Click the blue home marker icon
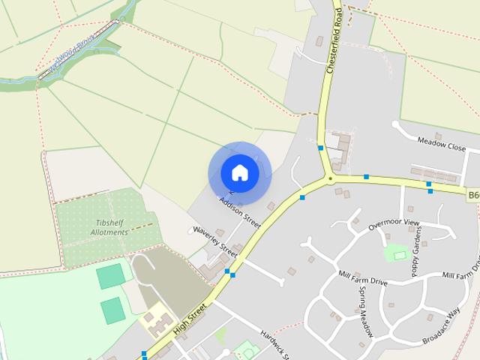click(239, 172)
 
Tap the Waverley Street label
click(215, 241)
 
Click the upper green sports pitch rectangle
click(110, 276)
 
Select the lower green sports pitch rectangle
click(112, 310)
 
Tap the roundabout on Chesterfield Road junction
click(329, 178)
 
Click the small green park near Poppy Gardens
click(395, 253)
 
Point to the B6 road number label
click(473, 196)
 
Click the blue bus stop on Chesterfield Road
click(320, 148)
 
